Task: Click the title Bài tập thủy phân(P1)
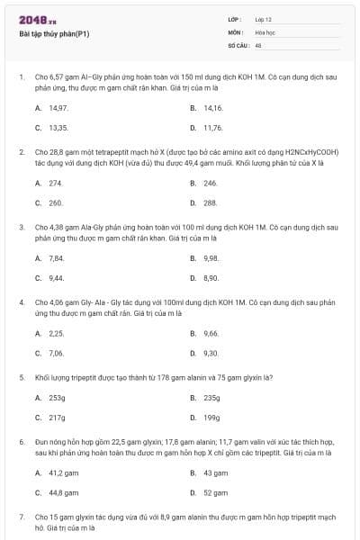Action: click(x=54, y=34)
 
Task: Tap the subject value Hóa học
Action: click(x=265, y=31)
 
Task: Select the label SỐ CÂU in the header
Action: click(x=238, y=44)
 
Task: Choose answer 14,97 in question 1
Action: click(x=58, y=107)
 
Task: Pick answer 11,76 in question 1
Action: click(x=212, y=128)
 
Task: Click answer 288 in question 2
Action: click(x=211, y=203)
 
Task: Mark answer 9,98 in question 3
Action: click(x=211, y=258)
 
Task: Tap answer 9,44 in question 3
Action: click(x=56, y=279)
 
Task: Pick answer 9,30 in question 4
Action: click(x=211, y=354)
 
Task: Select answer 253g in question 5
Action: click(x=57, y=397)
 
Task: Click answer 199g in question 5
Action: click(x=211, y=418)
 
